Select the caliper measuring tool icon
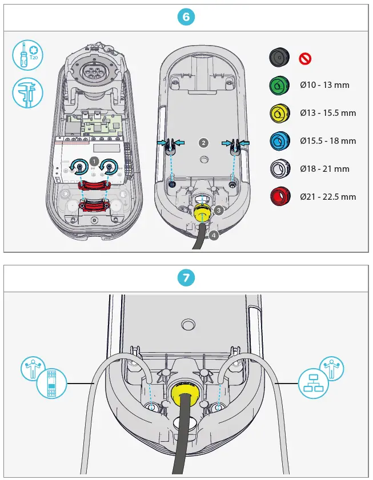click(27, 92)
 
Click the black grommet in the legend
click(280, 57)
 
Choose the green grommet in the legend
click(280, 85)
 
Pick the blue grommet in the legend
click(280, 140)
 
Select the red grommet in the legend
click(280, 196)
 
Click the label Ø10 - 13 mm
click(325, 85)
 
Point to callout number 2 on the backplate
click(203, 141)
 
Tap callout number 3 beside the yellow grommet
click(219, 210)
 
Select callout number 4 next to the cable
click(213, 235)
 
